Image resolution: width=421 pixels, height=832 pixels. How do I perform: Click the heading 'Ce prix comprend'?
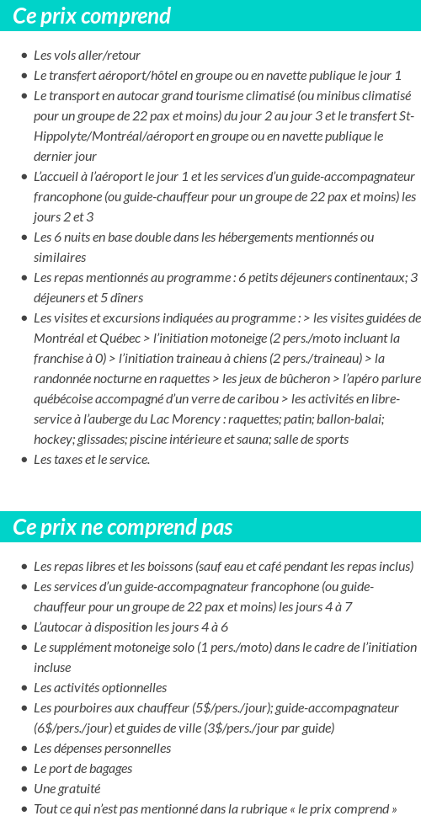point(92,16)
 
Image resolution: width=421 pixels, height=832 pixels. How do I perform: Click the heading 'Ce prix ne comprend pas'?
point(123,527)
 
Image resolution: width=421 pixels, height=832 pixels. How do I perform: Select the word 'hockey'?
point(53,440)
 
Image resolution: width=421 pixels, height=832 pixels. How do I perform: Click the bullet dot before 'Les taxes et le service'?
point(24,460)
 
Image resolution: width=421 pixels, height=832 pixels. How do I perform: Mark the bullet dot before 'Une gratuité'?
point(24,789)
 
